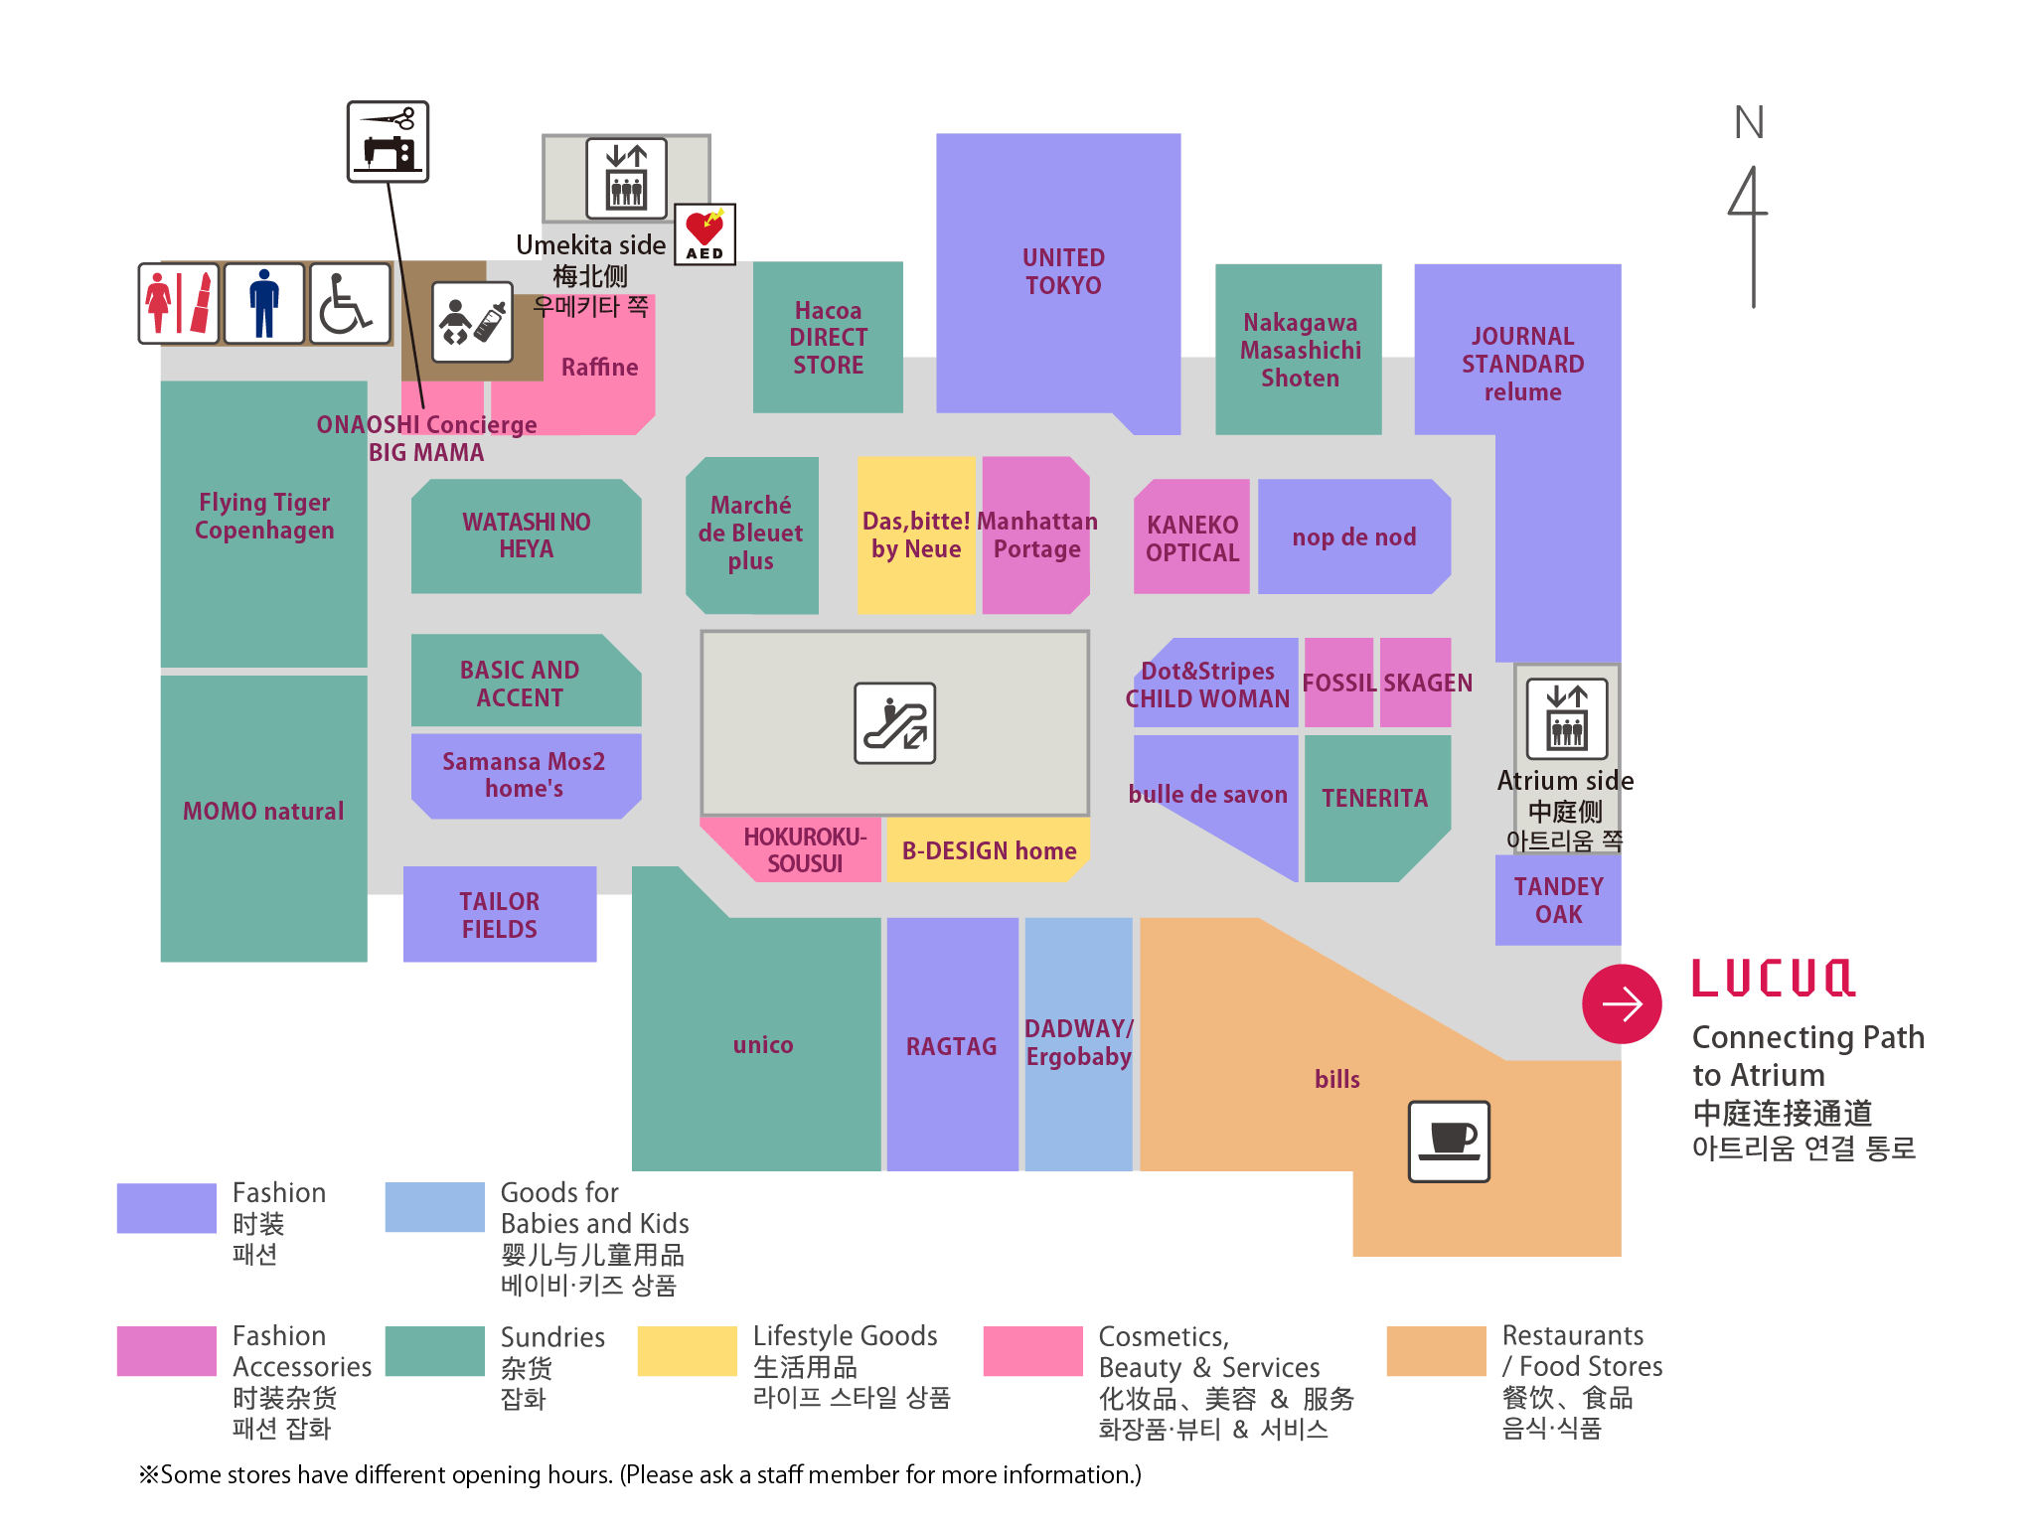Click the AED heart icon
coord(704,233)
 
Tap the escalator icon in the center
coord(894,722)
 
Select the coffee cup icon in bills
coord(1449,1141)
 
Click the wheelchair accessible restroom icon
coord(350,304)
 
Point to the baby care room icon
coord(472,322)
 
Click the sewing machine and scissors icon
coord(388,141)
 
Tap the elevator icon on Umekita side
coord(626,178)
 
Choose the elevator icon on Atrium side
coord(1567,718)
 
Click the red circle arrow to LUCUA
coord(1622,1003)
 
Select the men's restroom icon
coord(264,304)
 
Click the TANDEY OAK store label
coord(1558,900)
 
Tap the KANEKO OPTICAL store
coord(1191,537)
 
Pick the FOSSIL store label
coord(1338,683)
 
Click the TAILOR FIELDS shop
coord(499,914)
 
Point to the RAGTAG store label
coord(951,1045)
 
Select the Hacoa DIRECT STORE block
coord(828,338)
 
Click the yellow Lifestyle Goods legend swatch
coord(687,1351)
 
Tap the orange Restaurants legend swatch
coord(1436,1351)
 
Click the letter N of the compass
coord(1749,123)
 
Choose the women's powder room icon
coord(179,304)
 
